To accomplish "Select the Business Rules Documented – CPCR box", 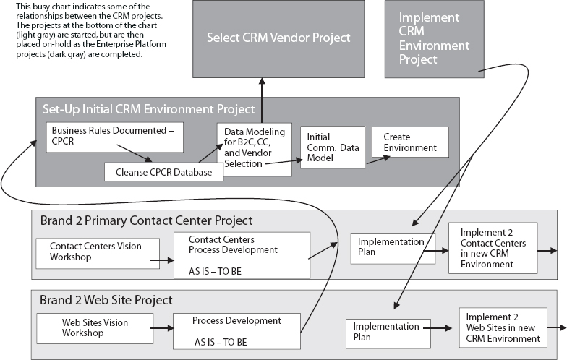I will tap(114, 137).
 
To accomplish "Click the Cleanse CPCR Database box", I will tap(163, 172).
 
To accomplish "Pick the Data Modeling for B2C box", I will tap(253, 149).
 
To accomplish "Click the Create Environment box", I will tap(409, 142).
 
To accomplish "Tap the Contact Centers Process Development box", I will tap(242, 254).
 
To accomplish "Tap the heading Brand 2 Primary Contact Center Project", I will tap(146, 220).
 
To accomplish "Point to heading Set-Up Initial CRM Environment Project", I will tap(148, 109).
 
